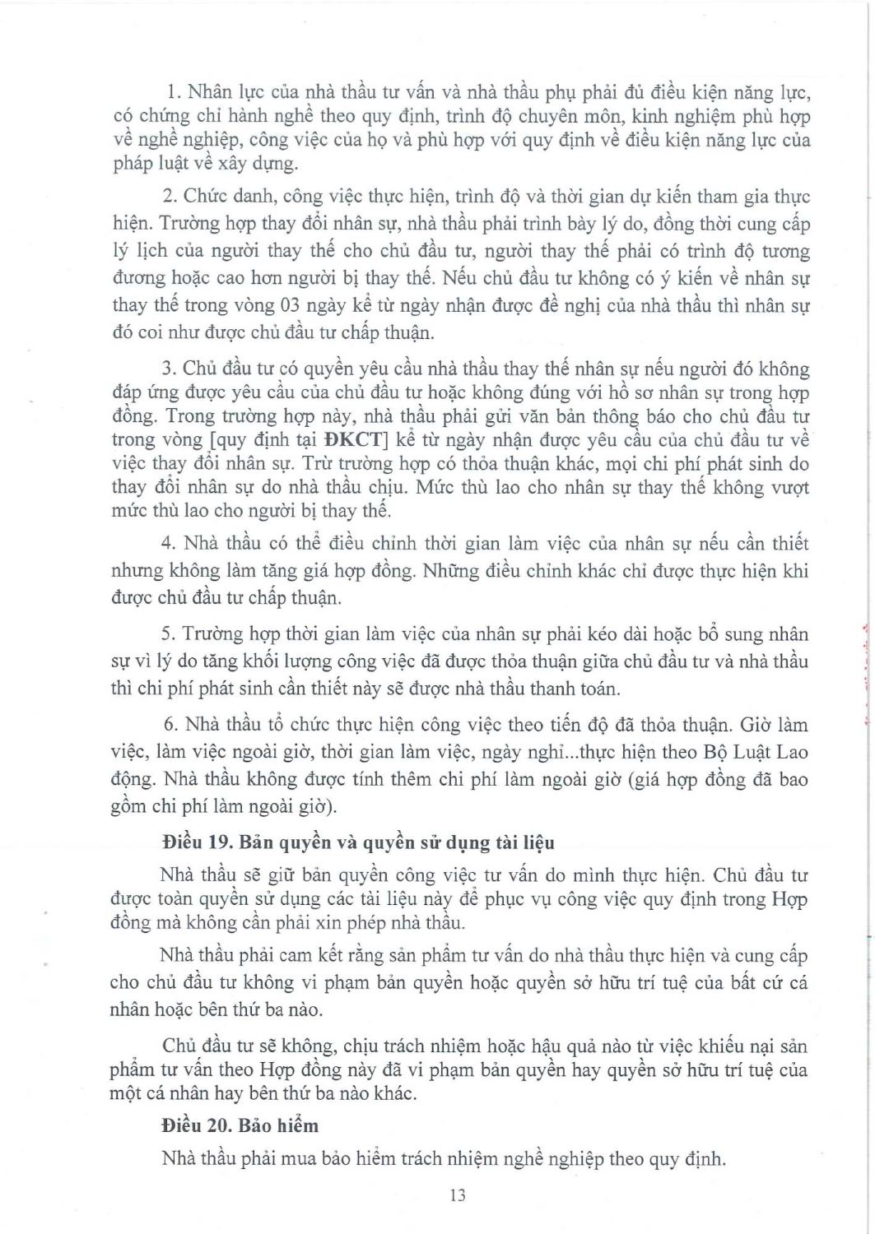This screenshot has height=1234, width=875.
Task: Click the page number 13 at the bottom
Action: (x=458, y=1195)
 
